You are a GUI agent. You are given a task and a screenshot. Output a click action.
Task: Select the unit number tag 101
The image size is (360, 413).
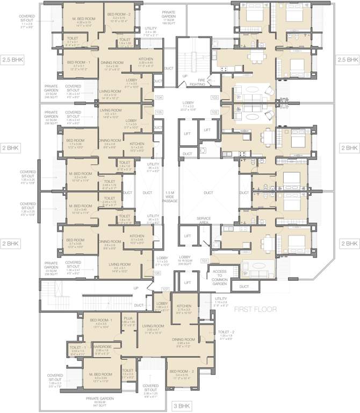tap(204, 260)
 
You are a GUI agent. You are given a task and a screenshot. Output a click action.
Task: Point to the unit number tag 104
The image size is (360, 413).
tap(159, 97)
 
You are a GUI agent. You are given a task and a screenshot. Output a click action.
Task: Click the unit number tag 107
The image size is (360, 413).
tap(165, 290)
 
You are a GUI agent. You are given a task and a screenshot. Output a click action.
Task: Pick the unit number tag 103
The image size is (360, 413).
tap(214, 97)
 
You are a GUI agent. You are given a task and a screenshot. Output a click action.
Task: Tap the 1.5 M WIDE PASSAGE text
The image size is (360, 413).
tap(170, 196)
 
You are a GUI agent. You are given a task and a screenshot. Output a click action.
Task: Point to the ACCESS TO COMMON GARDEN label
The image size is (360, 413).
tap(220, 275)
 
